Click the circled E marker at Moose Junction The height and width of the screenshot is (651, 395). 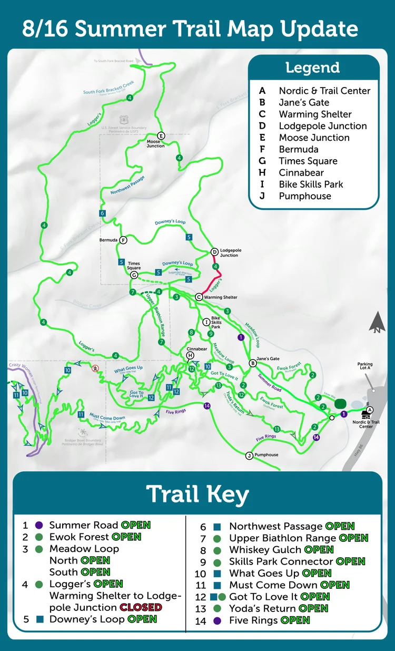(161, 135)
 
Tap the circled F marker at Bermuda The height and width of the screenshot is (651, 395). (123, 240)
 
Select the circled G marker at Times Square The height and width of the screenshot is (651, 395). (134, 275)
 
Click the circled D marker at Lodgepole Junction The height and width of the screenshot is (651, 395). (214, 252)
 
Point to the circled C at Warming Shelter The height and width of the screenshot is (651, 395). (199, 297)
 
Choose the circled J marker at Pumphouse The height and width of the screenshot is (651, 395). (249, 455)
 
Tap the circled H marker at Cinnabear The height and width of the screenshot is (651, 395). (190, 356)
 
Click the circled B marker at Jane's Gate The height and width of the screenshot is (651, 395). (253, 363)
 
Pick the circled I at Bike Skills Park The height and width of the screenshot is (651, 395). (206, 322)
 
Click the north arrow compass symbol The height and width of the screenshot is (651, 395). (377, 323)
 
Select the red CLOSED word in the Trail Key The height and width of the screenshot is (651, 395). (141, 607)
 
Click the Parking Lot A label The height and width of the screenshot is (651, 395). (365, 366)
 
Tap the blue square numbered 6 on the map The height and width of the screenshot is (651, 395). (102, 213)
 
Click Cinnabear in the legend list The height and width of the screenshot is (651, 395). (301, 173)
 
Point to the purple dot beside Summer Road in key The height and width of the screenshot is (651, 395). (38, 526)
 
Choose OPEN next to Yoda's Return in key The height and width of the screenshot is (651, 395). (314, 608)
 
